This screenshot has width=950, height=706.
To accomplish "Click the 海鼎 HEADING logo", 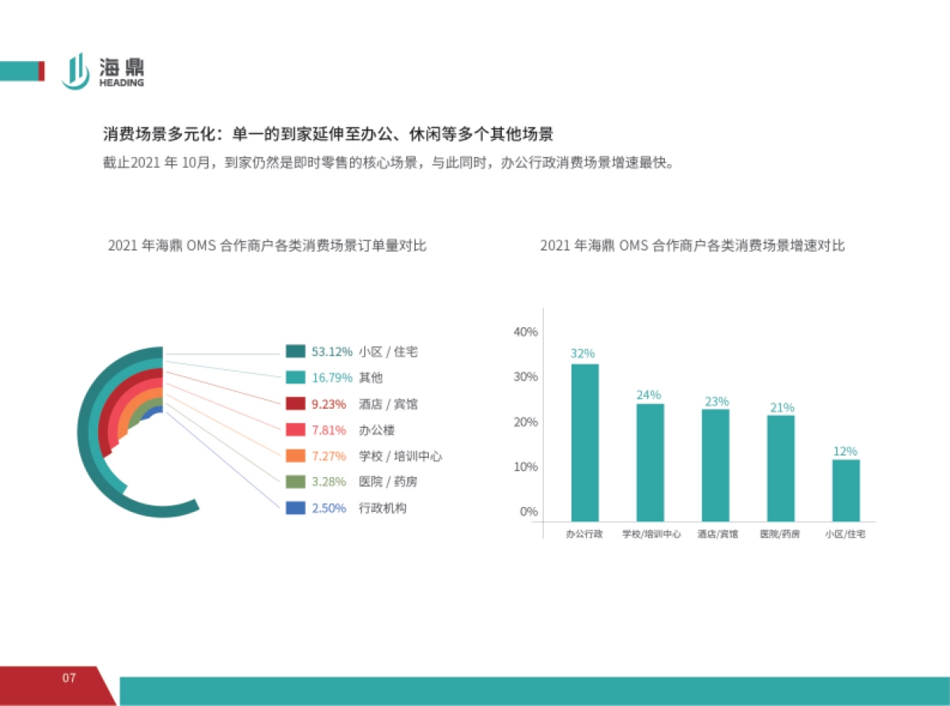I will click(x=103, y=71).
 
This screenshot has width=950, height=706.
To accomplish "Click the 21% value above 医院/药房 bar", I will click(x=781, y=407).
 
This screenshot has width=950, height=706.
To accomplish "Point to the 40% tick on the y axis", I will click(x=526, y=332).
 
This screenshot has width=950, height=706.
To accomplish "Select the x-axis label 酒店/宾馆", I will click(x=716, y=535).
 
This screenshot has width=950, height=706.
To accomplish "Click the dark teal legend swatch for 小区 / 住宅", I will click(x=295, y=352).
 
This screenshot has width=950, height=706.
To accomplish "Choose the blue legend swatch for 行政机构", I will click(x=295, y=508).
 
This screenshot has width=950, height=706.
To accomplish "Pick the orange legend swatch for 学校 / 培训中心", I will click(x=295, y=456).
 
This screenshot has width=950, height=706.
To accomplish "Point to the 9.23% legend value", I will click(x=329, y=404).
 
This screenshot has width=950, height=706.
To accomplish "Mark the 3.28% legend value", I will click(x=329, y=482).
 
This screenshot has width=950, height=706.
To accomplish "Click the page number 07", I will click(x=69, y=678).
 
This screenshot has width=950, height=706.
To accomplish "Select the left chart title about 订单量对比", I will click(x=267, y=246).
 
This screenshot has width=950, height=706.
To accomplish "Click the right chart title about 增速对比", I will click(x=692, y=246).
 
